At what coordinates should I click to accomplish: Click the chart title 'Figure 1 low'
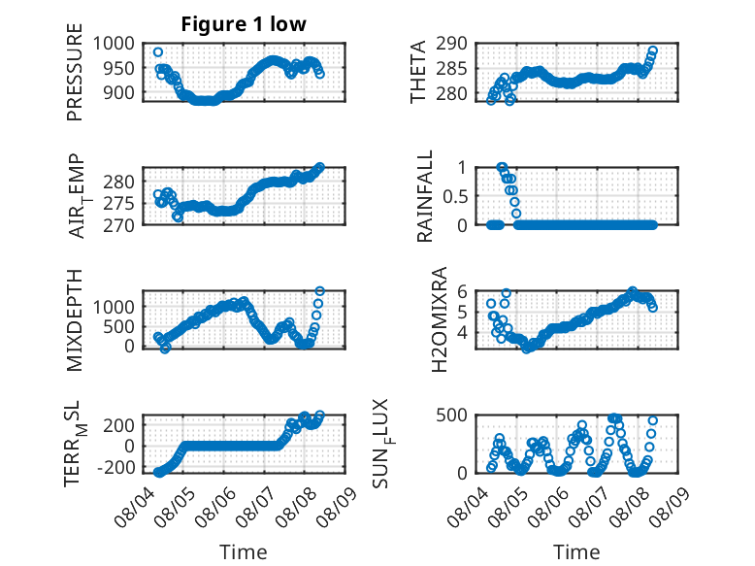(x=244, y=24)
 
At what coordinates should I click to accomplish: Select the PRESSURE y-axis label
(x=75, y=72)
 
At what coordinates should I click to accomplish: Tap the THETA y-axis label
(x=418, y=72)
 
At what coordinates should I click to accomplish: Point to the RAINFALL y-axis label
(x=425, y=196)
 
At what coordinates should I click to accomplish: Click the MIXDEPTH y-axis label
(x=75, y=320)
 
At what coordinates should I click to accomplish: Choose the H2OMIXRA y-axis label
(x=440, y=319)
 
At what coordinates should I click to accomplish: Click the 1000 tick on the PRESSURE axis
(x=114, y=44)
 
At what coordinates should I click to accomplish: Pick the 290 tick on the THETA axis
(x=451, y=44)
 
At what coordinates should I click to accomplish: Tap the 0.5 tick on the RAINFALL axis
(x=455, y=196)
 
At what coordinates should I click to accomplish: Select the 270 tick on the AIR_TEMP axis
(x=118, y=225)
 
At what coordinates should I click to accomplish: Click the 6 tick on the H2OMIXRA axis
(x=462, y=291)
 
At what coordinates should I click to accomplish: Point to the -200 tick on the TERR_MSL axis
(x=115, y=467)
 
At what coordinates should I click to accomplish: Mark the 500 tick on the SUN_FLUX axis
(x=451, y=416)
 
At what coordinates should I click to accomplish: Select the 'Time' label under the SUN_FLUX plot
(x=576, y=551)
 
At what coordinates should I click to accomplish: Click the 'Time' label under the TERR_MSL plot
(x=244, y=551)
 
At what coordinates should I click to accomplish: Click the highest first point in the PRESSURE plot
(x=158, y=52)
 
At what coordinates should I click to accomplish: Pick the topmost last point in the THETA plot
(x=653, y=50)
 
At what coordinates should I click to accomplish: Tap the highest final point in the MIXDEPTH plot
(x=319, y=291)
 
